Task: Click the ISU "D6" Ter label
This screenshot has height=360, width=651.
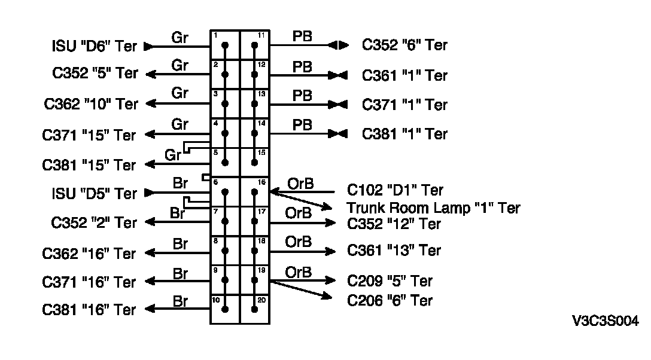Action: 95,45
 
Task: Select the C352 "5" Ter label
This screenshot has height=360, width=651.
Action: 95,74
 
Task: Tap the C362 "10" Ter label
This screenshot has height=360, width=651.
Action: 91,104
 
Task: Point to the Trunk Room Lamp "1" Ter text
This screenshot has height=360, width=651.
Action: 434,208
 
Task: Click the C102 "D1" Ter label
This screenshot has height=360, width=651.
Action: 396,191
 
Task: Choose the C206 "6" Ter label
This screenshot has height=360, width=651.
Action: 390,300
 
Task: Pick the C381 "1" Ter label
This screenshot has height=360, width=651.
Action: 404,134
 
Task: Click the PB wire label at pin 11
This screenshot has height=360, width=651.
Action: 302,37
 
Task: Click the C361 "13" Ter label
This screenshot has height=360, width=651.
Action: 394,250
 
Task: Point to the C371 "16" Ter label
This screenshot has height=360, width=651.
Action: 89,281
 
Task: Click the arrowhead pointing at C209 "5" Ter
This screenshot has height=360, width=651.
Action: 330,280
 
